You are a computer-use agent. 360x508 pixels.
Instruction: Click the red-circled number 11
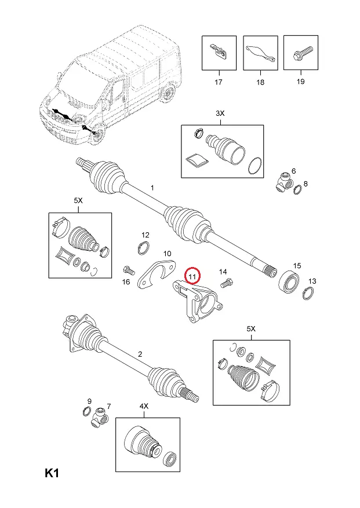point(192,276)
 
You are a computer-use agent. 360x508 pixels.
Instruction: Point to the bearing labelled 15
point(289,282)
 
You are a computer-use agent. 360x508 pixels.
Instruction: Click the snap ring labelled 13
point(308,293)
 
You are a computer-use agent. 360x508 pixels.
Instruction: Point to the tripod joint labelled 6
point(285,182)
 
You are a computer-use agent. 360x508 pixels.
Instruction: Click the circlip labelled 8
point(297,191)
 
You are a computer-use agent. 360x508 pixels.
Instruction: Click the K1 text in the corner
point(52,473)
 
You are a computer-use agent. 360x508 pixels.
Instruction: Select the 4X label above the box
point(144,406)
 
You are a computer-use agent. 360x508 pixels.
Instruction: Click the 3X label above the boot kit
point(220,114)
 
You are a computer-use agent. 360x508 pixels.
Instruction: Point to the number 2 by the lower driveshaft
point(140,354)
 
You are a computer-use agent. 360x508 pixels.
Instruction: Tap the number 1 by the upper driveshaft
point(152,188)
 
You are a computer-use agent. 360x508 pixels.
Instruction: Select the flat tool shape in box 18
point(261,53)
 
